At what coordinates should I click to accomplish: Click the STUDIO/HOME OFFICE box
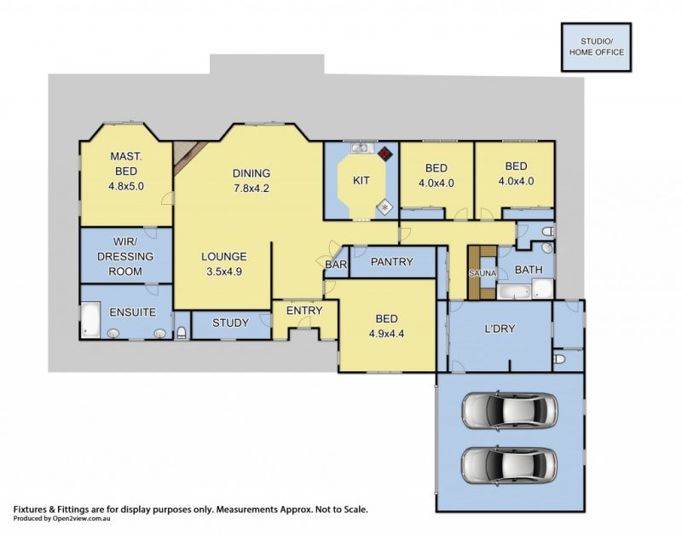[596, 47]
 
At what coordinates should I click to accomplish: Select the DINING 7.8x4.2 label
[251, 181]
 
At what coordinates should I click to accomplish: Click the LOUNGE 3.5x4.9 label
[224, 264]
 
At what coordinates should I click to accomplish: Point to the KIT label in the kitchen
[361, 180]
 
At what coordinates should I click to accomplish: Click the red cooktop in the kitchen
[385, 154]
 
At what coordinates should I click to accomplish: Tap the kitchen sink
[360, 149]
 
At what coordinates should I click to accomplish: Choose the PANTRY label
[392, 262]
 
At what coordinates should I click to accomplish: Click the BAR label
[336, 265]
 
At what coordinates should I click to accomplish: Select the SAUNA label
[483, 273]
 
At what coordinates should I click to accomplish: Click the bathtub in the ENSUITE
[90, 319]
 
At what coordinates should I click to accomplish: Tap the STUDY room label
[230, 323]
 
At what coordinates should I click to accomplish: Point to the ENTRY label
[304, 311]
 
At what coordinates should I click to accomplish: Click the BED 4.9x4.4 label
[387, 327]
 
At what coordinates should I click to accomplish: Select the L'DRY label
[500, 329]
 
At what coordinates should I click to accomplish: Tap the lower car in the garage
[509, 465]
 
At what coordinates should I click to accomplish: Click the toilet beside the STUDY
[182, 333]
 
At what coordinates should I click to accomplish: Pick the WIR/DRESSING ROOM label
[125, 256]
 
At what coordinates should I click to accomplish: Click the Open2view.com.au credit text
[61, 519]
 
